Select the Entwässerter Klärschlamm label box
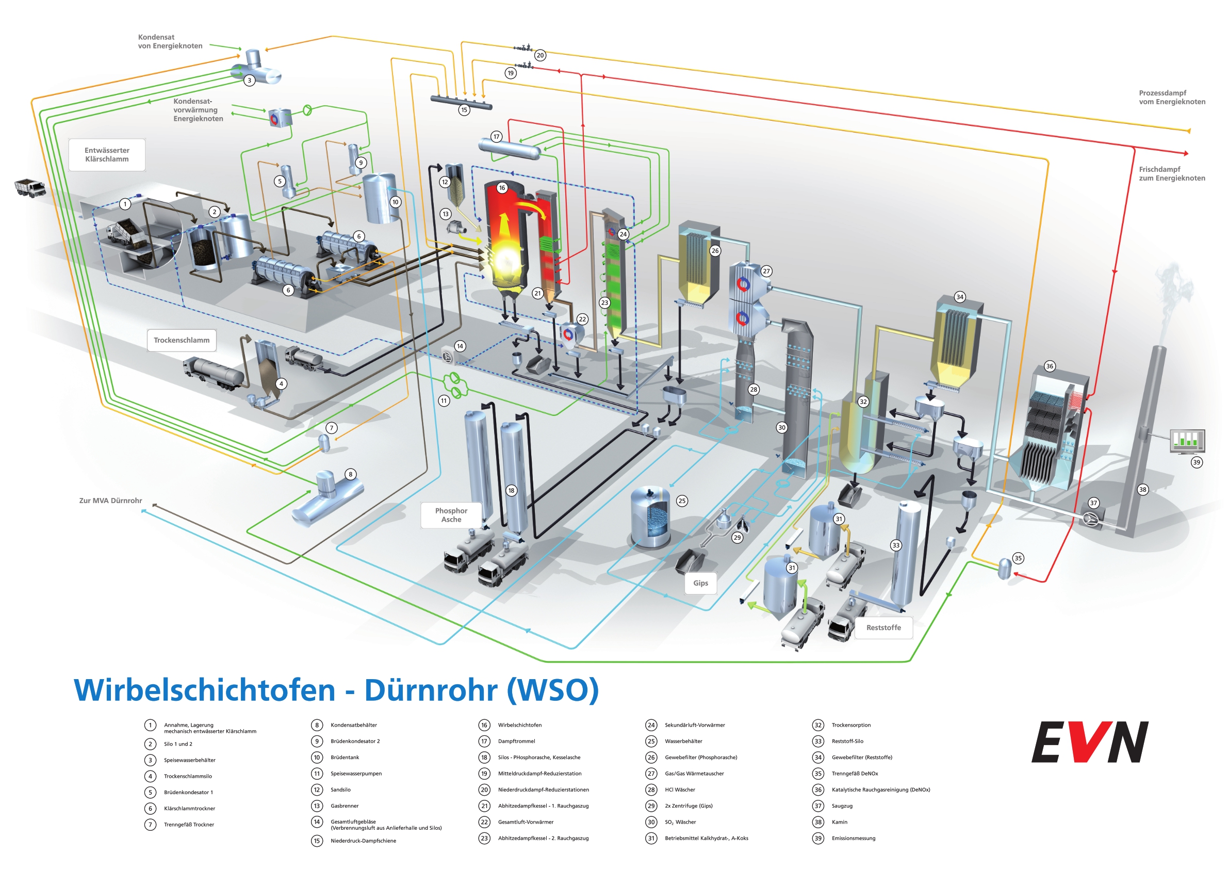[107, 155]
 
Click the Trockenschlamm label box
[182, 340]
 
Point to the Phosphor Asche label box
[451, 515]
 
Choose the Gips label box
[700, 583]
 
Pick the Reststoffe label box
[883, 627]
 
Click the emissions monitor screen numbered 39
[1187, 440]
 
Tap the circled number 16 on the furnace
[502, 188]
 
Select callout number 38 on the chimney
[1142, 490]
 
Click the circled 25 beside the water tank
[681, 501]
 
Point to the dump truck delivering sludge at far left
[30, 187]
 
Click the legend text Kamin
[839, 822]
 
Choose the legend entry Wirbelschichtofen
[519, 725]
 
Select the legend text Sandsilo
[340, 790]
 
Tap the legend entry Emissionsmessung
[853, 839]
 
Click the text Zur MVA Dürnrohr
[110, 501]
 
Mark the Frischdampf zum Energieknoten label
[1171, 174]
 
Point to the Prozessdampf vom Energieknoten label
[1171, 98]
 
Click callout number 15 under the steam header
[464, 110]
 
